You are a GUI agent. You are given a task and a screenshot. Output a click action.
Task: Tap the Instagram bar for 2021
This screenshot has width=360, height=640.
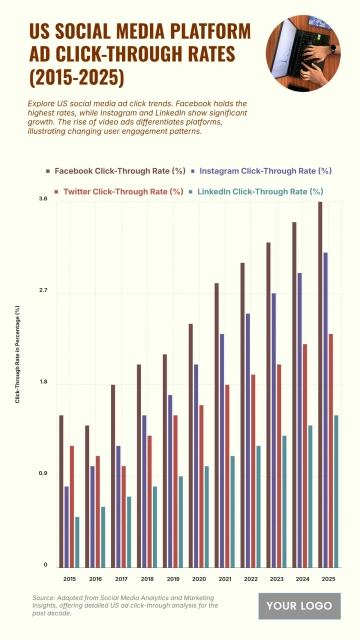coord(222,450)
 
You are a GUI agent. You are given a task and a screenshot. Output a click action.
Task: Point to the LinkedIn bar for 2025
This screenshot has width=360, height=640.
coord(336,490)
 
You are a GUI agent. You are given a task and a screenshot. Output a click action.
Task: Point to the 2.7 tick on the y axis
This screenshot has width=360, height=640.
coord(42,291)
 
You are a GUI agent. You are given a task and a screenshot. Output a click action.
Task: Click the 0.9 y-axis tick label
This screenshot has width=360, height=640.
coord(42,474)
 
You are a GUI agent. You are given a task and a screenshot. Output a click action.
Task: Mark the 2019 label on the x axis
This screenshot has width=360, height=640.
coord(173,579)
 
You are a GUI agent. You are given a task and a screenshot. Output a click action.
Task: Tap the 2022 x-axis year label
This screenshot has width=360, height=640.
coord(251,579)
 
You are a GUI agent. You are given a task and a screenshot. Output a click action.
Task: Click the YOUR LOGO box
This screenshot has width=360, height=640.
coord(299,606)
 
